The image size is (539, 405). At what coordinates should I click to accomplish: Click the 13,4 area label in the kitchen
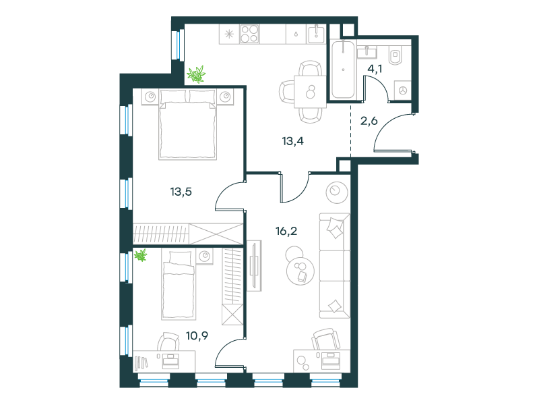tap(293, 141)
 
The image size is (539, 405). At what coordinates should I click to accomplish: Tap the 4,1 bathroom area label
tap(375, 69)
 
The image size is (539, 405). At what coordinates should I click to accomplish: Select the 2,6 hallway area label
tap(369, 121)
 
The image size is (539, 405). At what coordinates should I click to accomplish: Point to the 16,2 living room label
tap(286, 231)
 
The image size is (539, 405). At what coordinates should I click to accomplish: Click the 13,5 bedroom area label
tap(181, 192)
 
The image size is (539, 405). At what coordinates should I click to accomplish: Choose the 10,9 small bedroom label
tap(197, 335)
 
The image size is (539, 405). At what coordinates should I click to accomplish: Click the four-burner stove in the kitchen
tap(249, 34)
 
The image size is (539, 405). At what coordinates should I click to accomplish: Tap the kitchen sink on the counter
tap(317, 34)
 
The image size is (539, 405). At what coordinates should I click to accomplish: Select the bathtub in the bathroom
tap(343, 70)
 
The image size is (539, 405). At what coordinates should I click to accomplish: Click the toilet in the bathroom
tap(396, 55)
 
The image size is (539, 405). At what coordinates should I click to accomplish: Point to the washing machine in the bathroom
tap(402, 90)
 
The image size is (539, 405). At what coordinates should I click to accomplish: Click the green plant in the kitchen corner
tap(196, 75)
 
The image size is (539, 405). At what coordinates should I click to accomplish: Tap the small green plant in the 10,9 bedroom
tap(141, 256)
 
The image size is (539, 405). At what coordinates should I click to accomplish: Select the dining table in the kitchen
tap(310, 92)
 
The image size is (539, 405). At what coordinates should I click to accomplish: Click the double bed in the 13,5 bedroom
tap(188, 125)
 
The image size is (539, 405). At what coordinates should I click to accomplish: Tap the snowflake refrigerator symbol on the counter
tap(229, 34)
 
